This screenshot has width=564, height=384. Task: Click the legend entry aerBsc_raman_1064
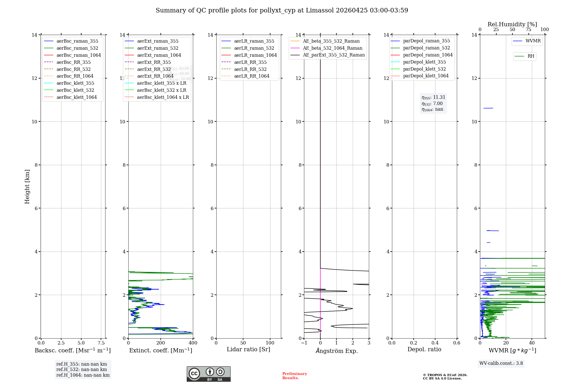point(78,55)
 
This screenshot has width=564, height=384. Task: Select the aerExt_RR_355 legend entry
point(154,62)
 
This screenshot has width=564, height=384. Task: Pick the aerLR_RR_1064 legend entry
point(252,76)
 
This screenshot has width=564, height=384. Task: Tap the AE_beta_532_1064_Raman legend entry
point(332,48)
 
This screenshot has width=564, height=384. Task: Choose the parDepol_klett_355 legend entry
point(424,62)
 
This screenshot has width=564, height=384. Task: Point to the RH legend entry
point(531,56)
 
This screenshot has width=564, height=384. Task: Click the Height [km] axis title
point(27,186)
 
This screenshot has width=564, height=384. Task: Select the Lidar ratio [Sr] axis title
point(248,349)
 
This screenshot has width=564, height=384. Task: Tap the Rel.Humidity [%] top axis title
point(512,24)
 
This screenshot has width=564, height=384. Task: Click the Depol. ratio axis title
point(424,349)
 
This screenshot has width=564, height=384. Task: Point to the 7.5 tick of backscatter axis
point(101,343)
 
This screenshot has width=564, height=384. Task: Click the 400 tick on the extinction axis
point(193,343)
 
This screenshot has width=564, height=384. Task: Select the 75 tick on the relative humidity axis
point(528,30)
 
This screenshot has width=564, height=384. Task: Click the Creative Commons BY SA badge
point(208,374)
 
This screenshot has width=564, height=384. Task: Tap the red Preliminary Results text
point(294,376)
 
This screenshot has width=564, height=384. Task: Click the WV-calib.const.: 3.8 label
point(501,363)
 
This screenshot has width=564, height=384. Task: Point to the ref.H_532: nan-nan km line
point(81,369)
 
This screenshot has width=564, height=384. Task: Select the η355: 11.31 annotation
point(433,97)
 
